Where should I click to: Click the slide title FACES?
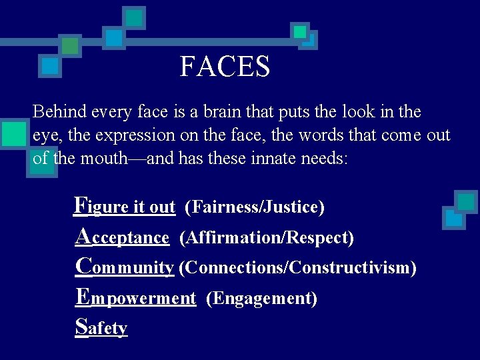225,67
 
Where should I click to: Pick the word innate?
265,159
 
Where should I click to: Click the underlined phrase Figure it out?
125,207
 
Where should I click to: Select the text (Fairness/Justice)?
255,207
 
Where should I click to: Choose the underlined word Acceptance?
123,237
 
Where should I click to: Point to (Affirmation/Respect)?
267,237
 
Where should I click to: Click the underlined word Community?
125,267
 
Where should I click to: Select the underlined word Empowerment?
136,298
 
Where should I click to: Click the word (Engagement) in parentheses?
262,298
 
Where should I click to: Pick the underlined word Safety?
101,328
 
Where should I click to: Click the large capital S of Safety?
81,327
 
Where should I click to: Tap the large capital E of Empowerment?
83,296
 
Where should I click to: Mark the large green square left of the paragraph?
13,133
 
